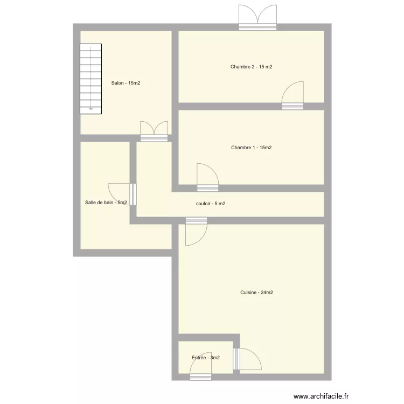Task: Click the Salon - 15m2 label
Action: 126,83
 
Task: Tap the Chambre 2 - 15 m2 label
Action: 251,67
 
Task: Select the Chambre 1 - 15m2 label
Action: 251,148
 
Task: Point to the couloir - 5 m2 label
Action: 211,204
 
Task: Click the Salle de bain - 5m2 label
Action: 106,203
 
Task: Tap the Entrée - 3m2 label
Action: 205,358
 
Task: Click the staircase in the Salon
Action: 90,78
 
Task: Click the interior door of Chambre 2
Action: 293,97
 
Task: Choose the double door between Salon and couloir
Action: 154,132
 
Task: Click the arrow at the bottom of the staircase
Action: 90,109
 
